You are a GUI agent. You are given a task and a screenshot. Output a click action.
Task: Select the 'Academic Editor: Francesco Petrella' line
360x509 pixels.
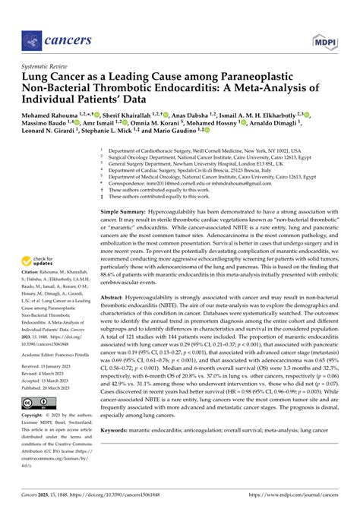(x=62, y=355)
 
